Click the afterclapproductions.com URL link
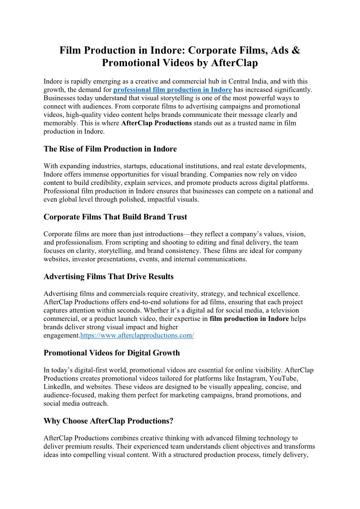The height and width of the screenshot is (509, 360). [137, 335]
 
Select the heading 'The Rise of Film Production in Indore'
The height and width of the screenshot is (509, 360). [110, 149]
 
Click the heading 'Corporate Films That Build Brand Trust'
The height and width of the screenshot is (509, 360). [115, 217]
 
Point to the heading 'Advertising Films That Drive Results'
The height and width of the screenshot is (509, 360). [108, 276]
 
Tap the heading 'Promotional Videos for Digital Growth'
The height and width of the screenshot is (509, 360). [112, 353]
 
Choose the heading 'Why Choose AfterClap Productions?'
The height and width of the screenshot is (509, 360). [108, 421]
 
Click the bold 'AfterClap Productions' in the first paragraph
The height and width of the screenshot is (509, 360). [156, 123]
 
